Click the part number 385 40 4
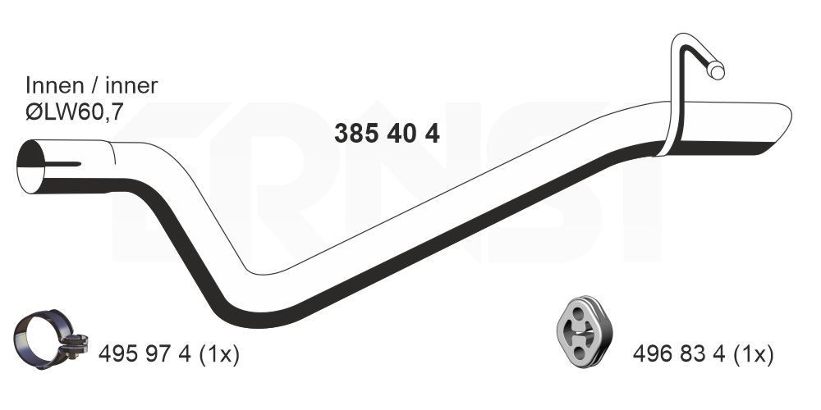coord(387,133)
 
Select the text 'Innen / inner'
coord(91,85)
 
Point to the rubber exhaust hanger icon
coord(583,330)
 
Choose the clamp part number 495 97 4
coord(144,354)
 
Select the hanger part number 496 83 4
coord(679,354)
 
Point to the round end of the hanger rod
coord(717,71)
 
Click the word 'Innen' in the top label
coord(53,85)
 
